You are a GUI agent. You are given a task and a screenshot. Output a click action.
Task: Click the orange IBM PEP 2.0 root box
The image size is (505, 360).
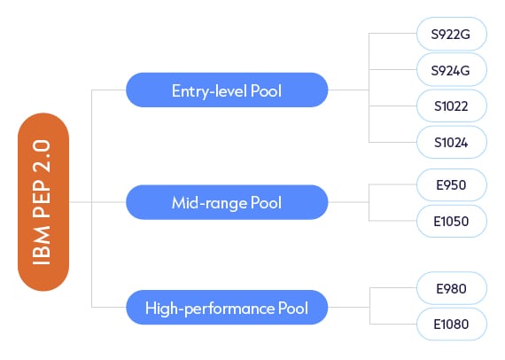pyautogui.click(x=43, y=202)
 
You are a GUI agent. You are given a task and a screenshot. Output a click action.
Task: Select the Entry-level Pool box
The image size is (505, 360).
pyautogui.click(x=227, y=90)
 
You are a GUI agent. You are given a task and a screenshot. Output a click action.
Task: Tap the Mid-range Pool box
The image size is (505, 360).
pyautogui.click(x=227, y=202)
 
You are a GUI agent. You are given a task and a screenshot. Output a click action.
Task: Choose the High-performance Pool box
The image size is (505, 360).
pyautogui.click(x=227, y=309)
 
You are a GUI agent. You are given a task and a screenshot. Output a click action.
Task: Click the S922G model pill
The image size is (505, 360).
pyautogui.click(x=452, y=33)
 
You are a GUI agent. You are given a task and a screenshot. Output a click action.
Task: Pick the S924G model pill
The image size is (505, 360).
pyautogui.click(x=452, y=69)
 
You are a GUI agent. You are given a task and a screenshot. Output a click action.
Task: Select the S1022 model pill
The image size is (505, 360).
pyautogui.click(x=452, y=106)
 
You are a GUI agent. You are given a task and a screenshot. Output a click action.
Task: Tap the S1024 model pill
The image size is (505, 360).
pyautogui.click(x=452, y=141)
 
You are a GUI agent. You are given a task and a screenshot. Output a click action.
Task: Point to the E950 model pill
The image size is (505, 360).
pyautogui.click(x=452, y=184)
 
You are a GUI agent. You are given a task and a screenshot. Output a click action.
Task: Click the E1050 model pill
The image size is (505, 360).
pyautogui.click(x=452, y=221)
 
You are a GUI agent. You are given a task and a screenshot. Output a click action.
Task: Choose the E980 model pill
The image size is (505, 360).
pyautogui.click(x=452, y=288)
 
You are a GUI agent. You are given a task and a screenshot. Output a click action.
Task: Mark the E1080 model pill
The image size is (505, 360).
pyautogui.click(x=452, y=325)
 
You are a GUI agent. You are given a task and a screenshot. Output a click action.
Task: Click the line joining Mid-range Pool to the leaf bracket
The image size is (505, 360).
pyautogui.click(x=348, y=202)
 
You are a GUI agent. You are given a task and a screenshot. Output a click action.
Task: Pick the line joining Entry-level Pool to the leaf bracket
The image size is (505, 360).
pyautogui.click(x=348, y=90)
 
